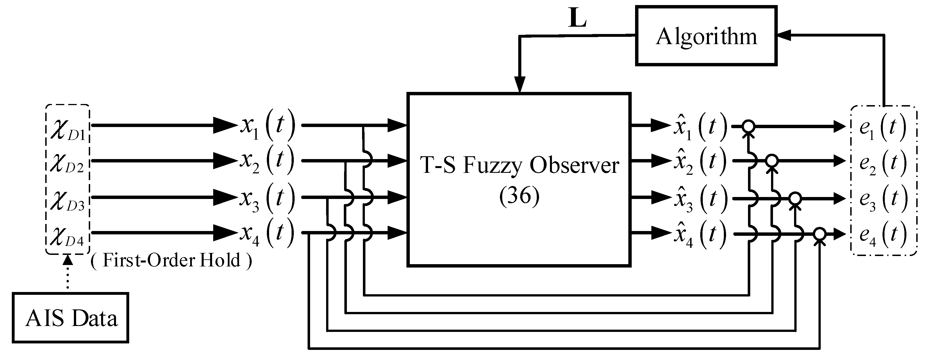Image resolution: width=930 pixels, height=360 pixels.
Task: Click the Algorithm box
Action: (706, 36)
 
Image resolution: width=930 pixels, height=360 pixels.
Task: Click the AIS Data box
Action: (71, 318)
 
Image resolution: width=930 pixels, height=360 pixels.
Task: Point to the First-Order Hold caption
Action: (171, 260)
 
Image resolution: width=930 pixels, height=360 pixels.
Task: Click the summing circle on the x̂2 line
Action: (772, 160)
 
